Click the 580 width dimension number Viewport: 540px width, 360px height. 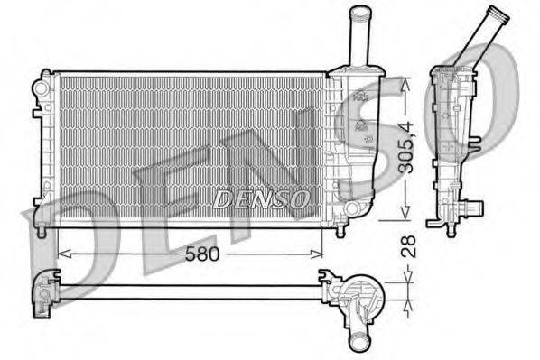tap(201, 254)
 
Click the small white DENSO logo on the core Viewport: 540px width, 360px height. tap(263, 198)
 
